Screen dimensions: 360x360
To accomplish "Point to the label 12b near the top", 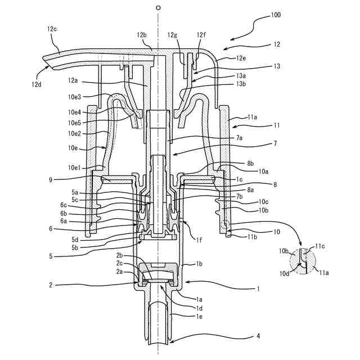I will (x=141, y=35).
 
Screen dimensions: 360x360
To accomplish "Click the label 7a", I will (x=239, y=137).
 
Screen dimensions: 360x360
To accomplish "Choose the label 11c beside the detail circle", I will (x=319, y=246).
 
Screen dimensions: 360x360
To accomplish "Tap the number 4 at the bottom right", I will (x=258, y=336).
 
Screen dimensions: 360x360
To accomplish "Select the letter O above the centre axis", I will (x=159, y=8).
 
